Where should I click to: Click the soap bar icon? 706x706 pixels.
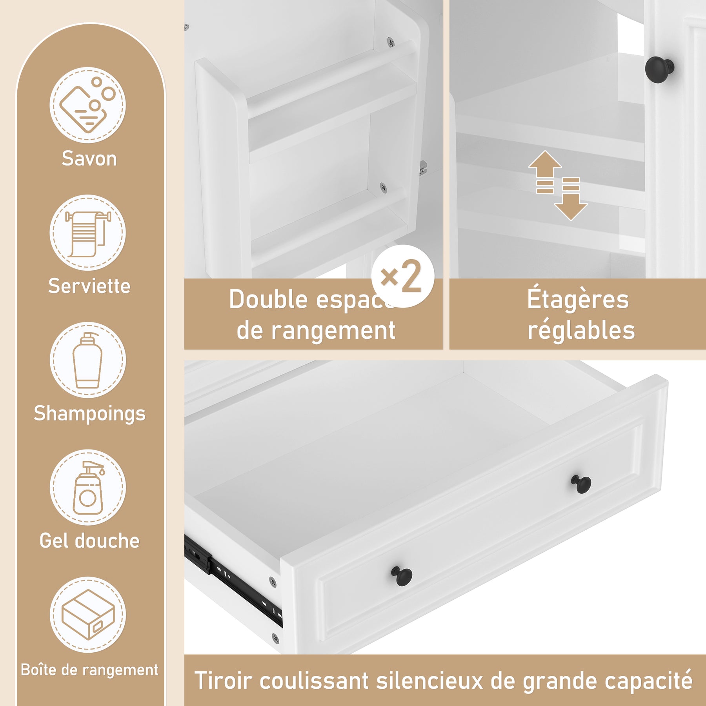(87, 104)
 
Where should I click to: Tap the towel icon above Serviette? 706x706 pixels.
(88, 234)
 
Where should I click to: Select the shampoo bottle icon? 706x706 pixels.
(87, 360)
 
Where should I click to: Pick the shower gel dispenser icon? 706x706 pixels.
(88, 488)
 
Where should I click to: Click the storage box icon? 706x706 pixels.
(88, 614)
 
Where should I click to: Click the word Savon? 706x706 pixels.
(89, 159)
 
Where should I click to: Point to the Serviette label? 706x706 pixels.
(89, 286)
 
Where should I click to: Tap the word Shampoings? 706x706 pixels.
(89, 414)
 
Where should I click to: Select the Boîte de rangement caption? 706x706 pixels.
(89, 670)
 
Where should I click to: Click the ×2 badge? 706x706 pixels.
(403, 276)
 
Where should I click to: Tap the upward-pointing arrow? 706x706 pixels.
(545, 172)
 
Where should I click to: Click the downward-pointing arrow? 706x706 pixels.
(571, 199)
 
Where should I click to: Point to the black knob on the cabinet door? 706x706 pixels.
(659, 69)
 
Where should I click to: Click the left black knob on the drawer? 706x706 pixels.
(402, 576)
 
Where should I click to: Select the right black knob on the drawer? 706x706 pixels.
(581, 484)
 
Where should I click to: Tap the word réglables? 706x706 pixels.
(581, 330)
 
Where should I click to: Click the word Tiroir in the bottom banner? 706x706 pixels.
(222, 681)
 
